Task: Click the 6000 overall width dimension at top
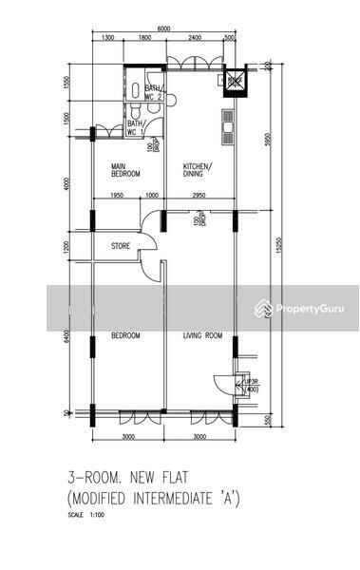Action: (163, 29)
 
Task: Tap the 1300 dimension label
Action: (107, 39)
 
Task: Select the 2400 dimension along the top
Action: (195, 39)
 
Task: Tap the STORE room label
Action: (121, 246)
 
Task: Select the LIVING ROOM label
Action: (201, 336)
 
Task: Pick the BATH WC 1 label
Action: (136, 126)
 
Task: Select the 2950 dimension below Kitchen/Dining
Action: (199, 197)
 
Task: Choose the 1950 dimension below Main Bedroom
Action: (117, 197)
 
